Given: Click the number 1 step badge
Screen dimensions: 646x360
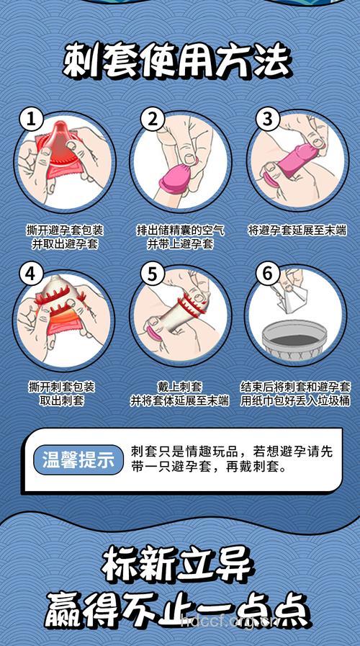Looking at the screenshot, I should pyautogui.click(x=29, y=119).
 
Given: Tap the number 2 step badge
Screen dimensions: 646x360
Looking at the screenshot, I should pyautogui.click(x=152, y=119).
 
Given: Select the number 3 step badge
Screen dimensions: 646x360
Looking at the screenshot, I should pyautogui.click(x=267, y=119).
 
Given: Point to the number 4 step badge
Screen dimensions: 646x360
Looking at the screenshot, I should pyautogui.click(x=29, y=274).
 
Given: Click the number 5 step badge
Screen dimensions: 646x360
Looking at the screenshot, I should pyautogui.click(x=152, y=274).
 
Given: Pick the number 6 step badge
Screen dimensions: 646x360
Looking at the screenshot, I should pyautogui.click(x=267, y=274).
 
